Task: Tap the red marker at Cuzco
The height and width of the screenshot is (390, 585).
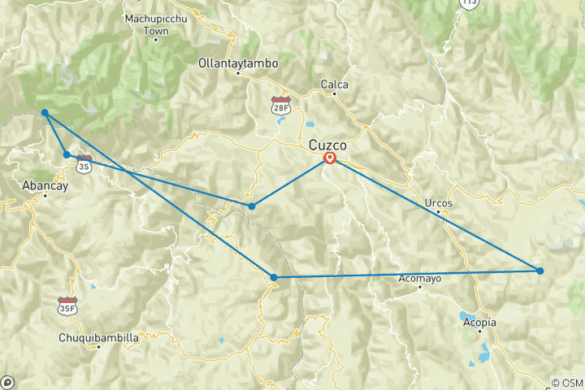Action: click(330, 158)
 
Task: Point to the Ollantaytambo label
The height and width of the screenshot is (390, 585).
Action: click(238, 63)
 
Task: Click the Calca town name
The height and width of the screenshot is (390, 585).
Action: click(335, 84)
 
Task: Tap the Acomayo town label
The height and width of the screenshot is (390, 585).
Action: click(419, 279)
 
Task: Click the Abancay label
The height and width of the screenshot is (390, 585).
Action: click(45, 184)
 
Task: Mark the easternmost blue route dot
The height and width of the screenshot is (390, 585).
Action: click(539, 271)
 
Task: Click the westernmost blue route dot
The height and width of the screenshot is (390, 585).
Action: click(45, 113)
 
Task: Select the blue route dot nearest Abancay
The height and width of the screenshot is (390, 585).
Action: click(67, 154)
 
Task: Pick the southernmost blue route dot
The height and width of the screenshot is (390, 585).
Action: click(274, 278)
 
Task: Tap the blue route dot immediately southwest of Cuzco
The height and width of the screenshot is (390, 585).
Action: click(252, 206)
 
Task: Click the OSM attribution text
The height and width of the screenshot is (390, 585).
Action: click(566, 383)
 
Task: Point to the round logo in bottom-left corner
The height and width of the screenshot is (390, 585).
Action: click(7, 382)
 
